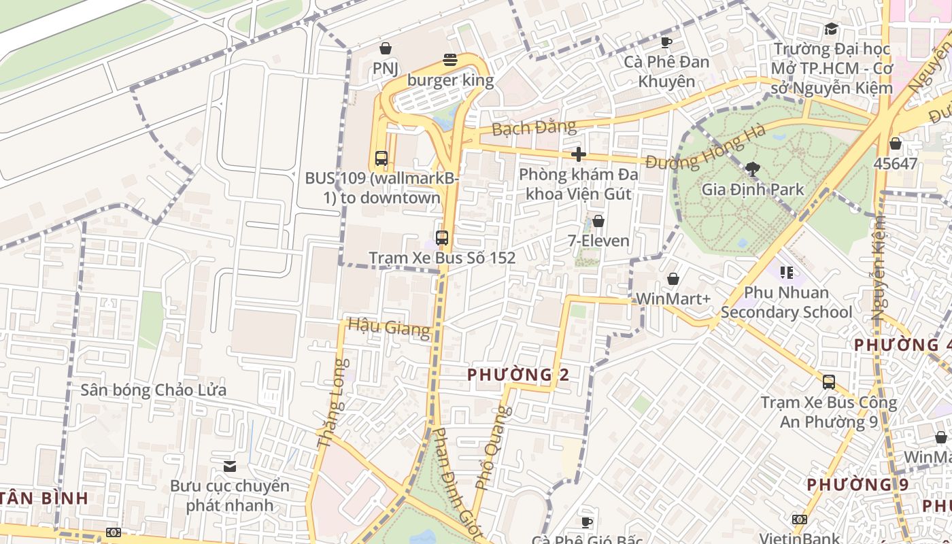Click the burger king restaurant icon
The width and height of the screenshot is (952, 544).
(x=449, y=60)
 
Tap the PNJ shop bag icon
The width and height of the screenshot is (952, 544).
(x=386, y=48)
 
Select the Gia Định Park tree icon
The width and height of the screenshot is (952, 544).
(x=752, y=169)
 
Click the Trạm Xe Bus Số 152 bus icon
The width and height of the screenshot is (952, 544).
(x=442, y=238)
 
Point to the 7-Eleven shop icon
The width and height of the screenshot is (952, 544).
(x=598, y=221)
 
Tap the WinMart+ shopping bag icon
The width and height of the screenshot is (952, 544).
(x=673, y=279)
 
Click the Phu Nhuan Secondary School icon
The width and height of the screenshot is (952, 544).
(x=787, y=273)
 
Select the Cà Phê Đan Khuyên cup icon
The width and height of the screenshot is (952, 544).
(x=666, y=42)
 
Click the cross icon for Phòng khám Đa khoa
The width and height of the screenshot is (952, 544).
(x=579, y=154)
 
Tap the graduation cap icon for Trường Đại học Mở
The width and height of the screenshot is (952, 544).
(x=831, y=29)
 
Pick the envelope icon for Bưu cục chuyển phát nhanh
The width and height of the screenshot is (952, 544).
(x=230, y=466)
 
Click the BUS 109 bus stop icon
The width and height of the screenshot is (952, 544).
(x=381, y=158)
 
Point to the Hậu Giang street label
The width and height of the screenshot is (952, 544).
(x=389, y=327)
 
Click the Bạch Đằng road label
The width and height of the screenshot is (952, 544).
(x=533, y=127)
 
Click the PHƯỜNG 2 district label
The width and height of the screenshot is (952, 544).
(x=518, y=374)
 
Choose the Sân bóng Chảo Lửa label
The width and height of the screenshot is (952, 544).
(x=154, y=390)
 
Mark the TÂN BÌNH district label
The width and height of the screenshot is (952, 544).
(x=45, y=498)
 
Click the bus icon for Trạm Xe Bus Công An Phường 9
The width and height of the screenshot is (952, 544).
(x=828, y=382)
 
